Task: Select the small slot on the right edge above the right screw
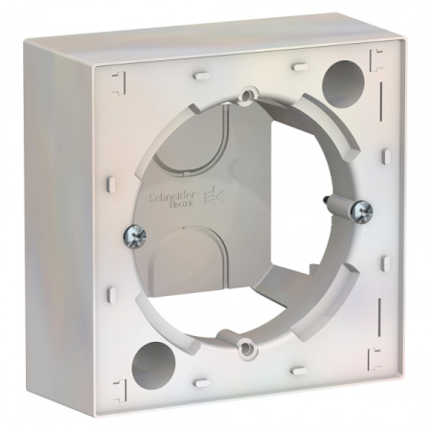[x=383, y=153]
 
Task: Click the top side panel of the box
[x=220, y=38]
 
